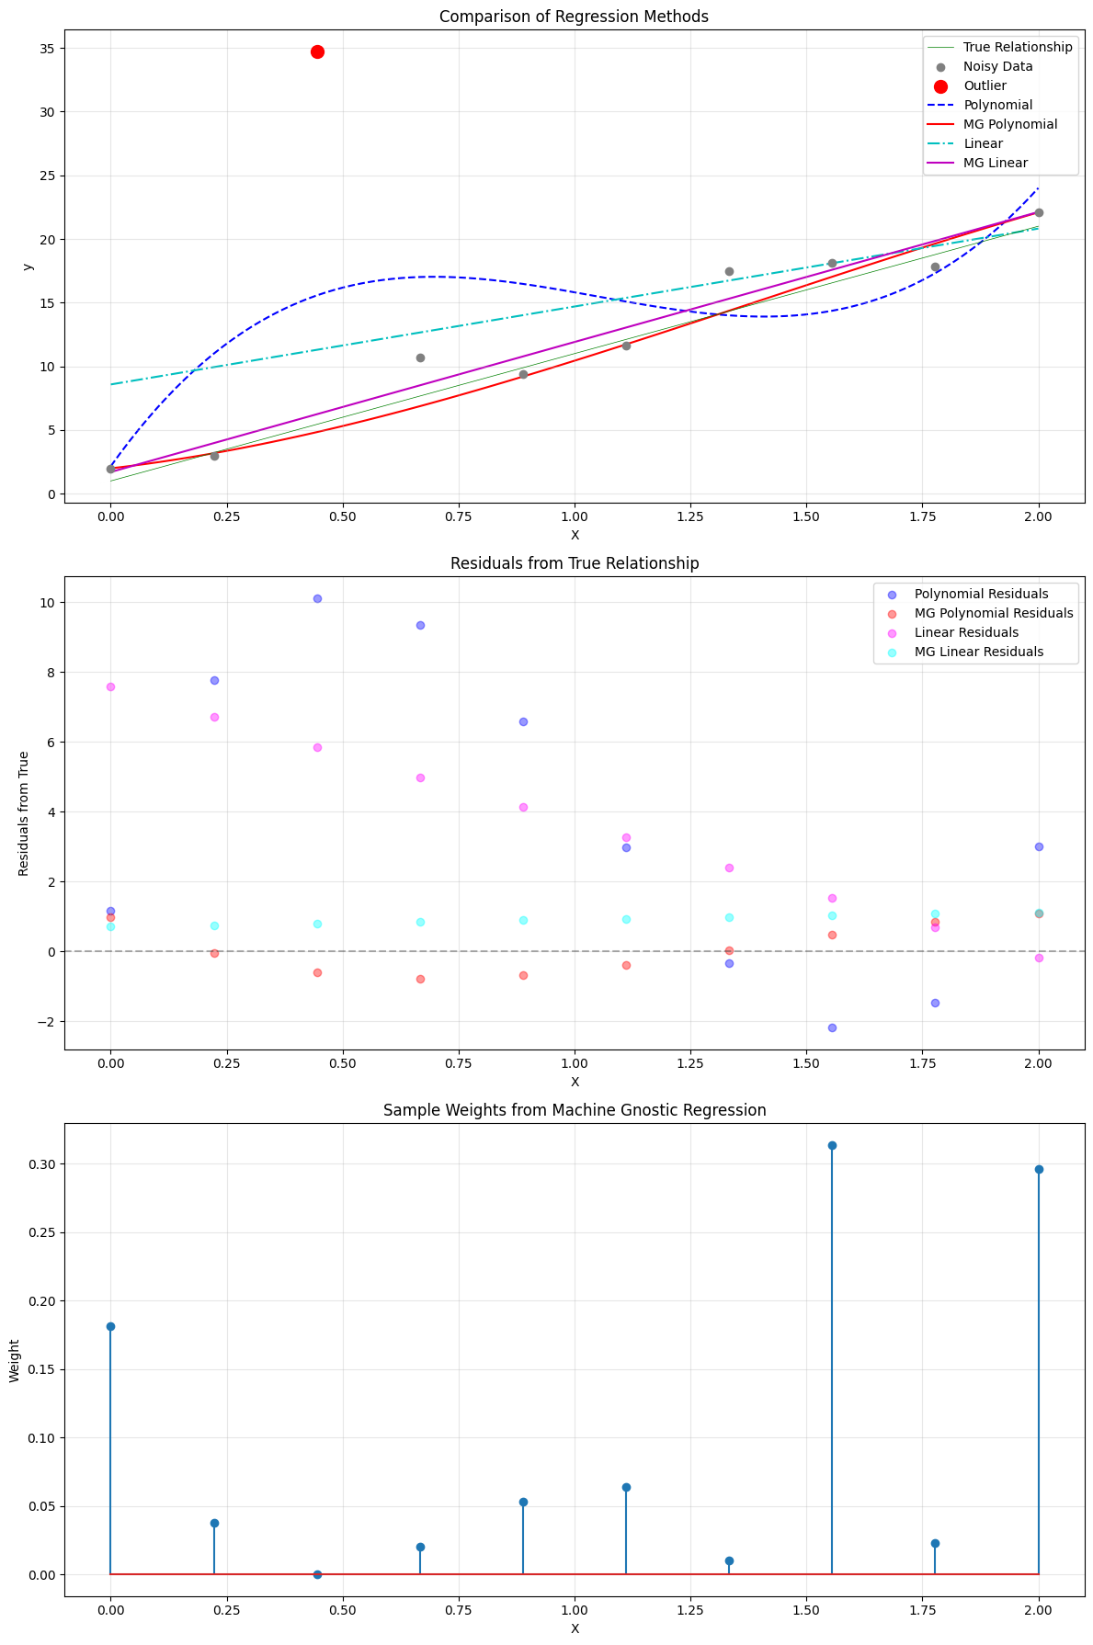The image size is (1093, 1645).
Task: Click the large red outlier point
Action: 317,51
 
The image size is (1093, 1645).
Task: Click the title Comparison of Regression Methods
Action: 574,17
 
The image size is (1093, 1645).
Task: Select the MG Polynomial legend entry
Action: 1009,124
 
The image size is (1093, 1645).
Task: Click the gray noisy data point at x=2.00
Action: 1039,212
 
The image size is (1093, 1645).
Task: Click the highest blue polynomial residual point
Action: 317,598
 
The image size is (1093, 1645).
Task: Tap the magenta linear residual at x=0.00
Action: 110,686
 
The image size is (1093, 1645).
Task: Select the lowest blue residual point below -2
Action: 832,1027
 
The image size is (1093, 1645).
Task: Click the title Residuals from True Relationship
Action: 574,563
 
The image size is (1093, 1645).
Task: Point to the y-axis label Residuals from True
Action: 25,813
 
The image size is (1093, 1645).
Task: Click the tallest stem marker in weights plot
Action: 832,1145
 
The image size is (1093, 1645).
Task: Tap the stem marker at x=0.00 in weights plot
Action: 110,1326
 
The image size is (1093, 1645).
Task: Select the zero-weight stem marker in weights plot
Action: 317,1574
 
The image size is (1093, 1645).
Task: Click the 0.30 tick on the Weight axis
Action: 41,1164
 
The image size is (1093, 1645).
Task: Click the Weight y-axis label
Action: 15,1360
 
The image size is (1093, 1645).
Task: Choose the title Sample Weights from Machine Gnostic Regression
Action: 574,1110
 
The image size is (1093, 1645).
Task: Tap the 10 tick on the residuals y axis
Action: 47,603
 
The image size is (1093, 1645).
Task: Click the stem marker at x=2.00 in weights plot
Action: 1039,1169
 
